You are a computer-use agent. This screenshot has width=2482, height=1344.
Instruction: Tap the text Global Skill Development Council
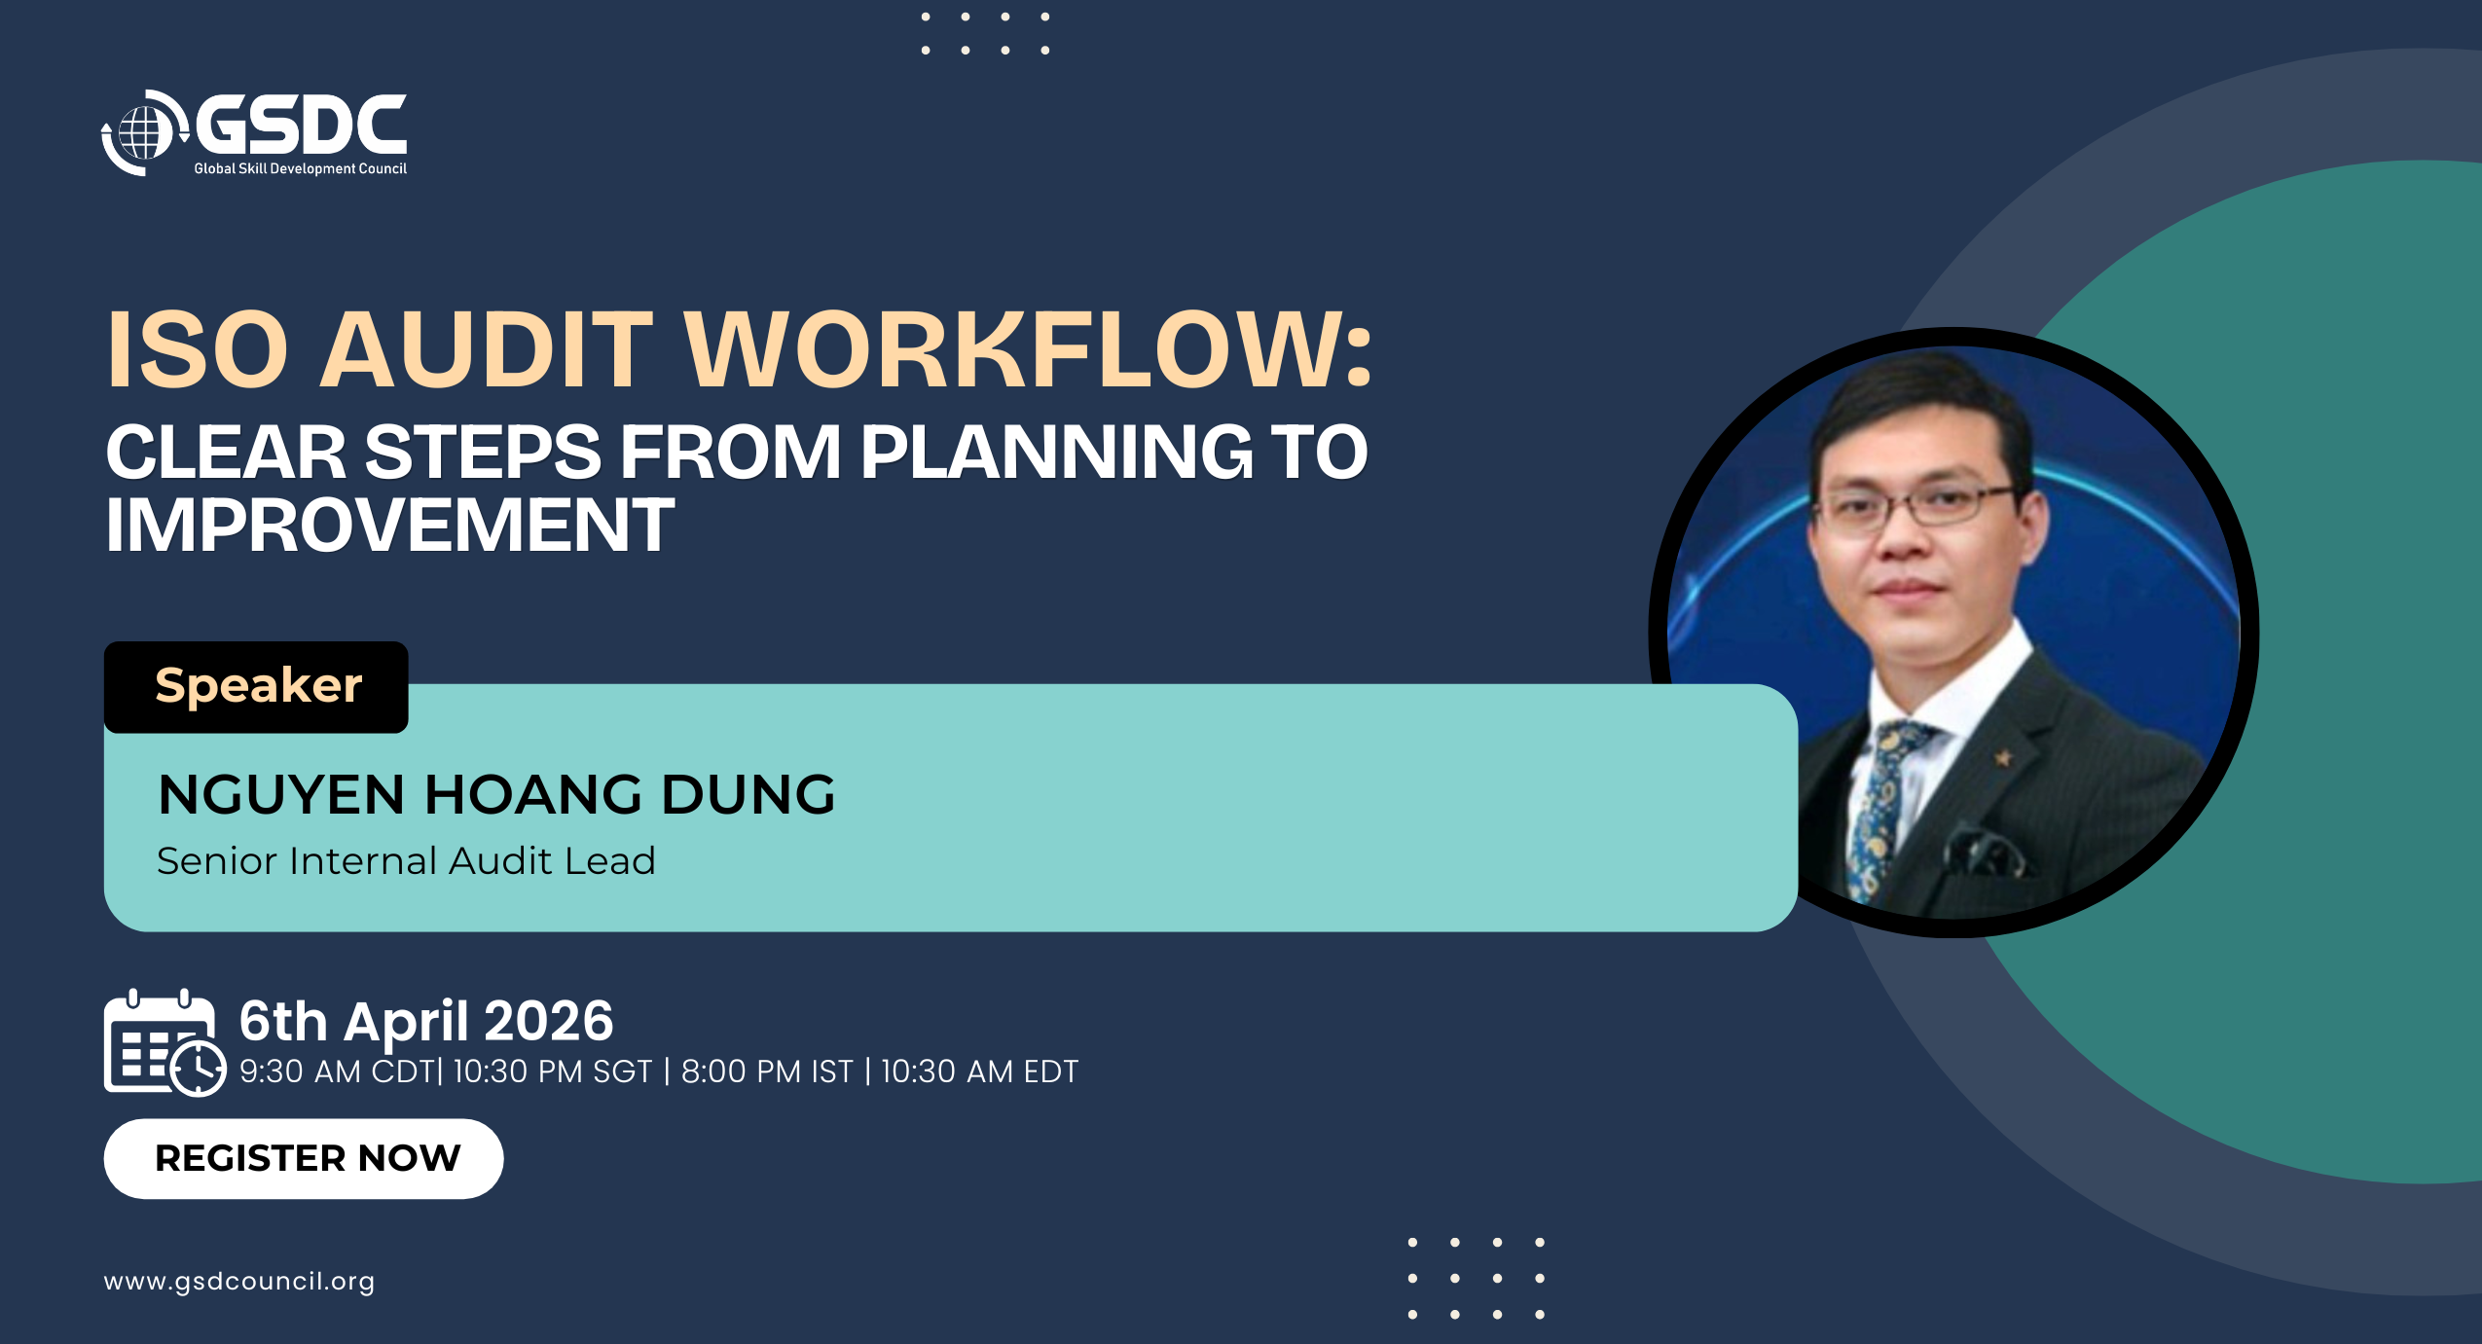[300, 168]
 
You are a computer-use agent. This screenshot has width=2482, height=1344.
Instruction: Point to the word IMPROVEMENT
[389, 526]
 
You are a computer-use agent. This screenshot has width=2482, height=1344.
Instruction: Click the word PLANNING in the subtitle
[1057, 452]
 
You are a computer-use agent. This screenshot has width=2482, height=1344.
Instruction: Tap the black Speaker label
[256, 687]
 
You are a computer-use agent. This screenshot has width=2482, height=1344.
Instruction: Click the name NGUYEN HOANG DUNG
[496, 794]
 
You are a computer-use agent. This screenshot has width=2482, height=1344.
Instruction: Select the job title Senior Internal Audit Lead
[406, 860]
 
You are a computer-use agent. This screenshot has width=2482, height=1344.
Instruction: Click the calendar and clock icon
[164, 1042]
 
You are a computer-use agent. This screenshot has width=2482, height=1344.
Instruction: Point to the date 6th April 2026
[426, 1021]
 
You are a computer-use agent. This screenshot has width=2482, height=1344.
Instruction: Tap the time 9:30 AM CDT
[337, 1072]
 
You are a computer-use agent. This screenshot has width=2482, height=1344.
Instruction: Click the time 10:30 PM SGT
[552, 1072]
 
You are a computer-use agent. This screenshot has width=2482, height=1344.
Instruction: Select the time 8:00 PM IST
[767, 1072]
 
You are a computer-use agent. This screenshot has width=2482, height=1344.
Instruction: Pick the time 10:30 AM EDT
[979, 1072]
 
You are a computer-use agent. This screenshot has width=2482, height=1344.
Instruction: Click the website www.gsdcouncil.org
[239, 1282]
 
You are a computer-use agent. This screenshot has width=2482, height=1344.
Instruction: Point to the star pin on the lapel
[2002, 756]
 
